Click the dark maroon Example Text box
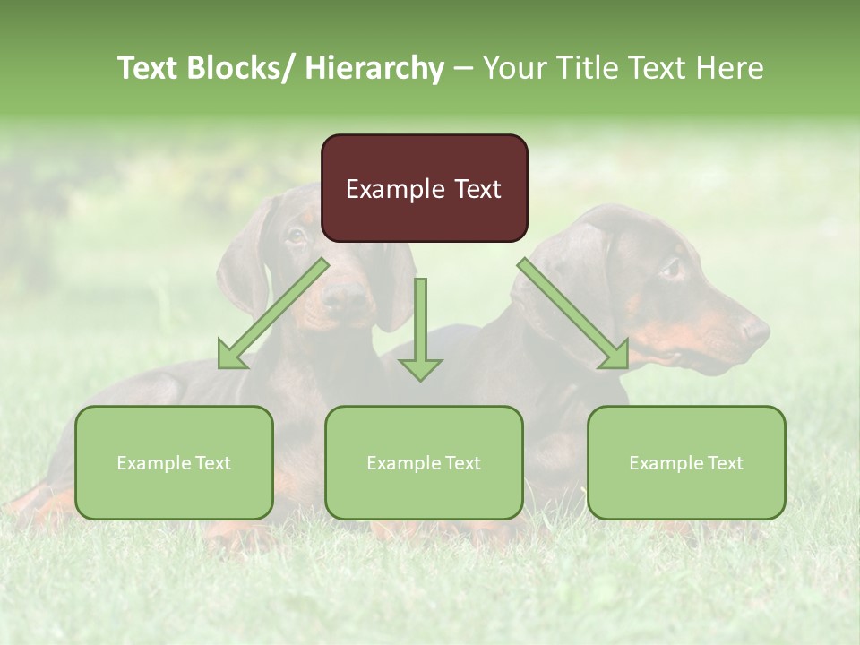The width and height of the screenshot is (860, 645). coord(424,188)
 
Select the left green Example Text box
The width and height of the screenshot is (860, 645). coord(174,462)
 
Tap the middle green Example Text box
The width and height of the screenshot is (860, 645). coord(424,462)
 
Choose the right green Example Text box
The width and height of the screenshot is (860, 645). coord(686,462)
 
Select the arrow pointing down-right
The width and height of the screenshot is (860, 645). coord(573,314)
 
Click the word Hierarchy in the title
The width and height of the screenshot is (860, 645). coord(374,68)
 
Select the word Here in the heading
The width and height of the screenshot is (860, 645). coord(731,68)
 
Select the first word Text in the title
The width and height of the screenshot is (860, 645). coord(150,68)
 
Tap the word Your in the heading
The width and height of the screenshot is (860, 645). coord(513,68)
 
